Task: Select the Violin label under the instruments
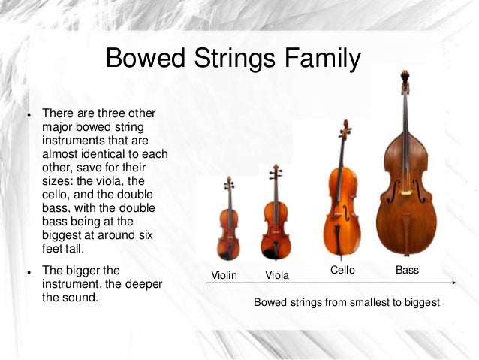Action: coord(224,275)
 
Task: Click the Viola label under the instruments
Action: coord(277,275)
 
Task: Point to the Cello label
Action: coord(343,269)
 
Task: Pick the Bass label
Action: coord(407,269)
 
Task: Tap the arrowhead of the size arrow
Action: coord(456,283)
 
